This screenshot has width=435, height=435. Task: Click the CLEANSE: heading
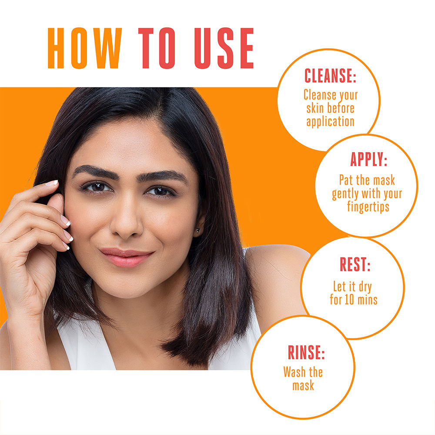(330, 76)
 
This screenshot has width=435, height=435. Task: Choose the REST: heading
(355, 264)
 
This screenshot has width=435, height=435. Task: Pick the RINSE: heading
(306, 352)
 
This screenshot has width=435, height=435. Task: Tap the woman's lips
(126, 257)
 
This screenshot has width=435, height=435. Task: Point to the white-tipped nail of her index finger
(52, 183)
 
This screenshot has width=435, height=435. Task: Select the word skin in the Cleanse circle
(315, 108)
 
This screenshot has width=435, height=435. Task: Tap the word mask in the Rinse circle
(303, 385)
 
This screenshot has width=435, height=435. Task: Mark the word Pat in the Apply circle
(345, 180)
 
